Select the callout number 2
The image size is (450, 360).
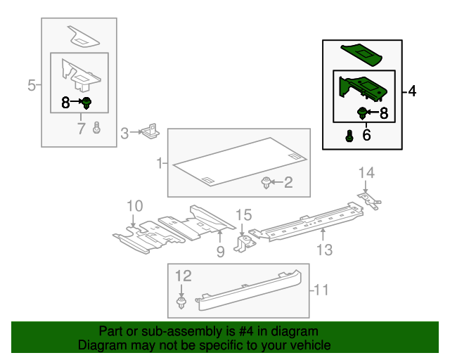point(287,183)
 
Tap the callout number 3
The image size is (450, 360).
point(124,132)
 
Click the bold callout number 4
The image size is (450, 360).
point(411,91)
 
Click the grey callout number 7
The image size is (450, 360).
point(81,128)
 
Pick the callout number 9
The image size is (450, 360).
point(220,251)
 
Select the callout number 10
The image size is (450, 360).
point(134,206)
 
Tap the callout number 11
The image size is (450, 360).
point(321,289)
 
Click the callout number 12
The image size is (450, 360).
point(183,276)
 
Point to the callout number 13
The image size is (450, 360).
point(324,249)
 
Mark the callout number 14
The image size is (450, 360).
point(366,172)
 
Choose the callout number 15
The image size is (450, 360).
point(243,215)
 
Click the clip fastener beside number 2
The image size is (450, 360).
point(266,184)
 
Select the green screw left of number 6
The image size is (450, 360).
point(349,136)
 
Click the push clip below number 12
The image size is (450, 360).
point(182,303)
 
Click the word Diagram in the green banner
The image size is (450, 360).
point(102,346)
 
